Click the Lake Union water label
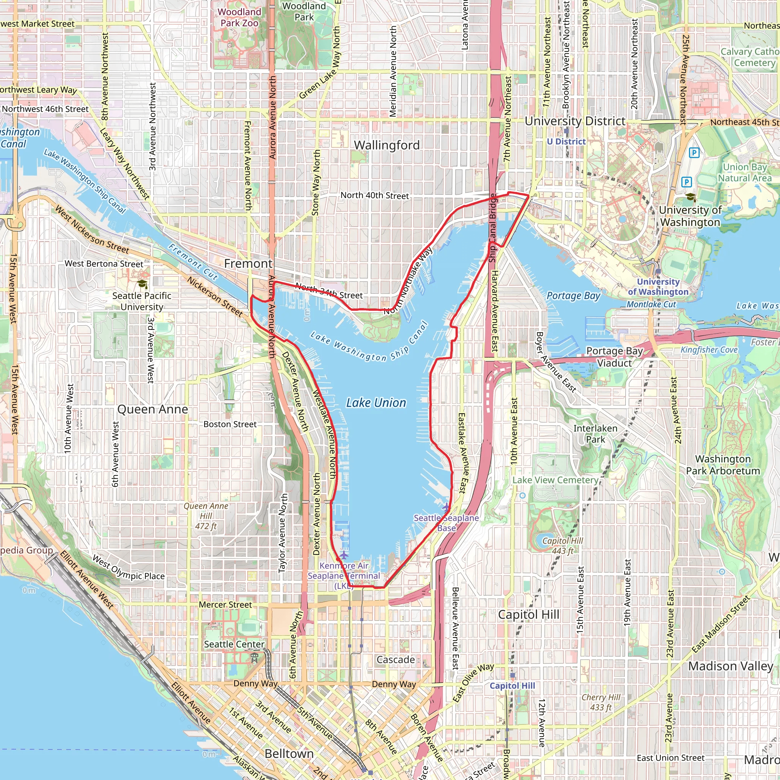pyautogui.click(x=376, y=403)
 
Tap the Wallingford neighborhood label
pyautogui.click(x=387, y=145)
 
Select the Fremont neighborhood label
pyautogui.click(x=248, y=264)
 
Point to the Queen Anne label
pyautogui.click(x=153, y=409)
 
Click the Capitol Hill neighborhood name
pyautogui.click(x=529, y=614)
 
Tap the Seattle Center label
pyautogui.click(x=234, y=644)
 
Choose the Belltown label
pyautogui.click(x=289, y=753)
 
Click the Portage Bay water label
pyautogui.click(x=573, y=296)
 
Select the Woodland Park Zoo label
pyautogui.click(x=240, y=18)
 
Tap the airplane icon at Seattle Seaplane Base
pyautogui.click(x=446, y=507)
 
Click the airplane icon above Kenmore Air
pyautogui.click(x=344, y=555)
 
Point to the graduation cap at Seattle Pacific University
pyautogui.click(x=142, y=284)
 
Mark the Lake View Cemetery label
pyautogui.click(x=555, y=480)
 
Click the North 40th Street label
pyautogui.click(x=375, y=195)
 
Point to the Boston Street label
pyautogui.click(x=230, y=424)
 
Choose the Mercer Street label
pyautogui.click(x=225, y=604)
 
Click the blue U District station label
pyautogui.click(x=566, y=142)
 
